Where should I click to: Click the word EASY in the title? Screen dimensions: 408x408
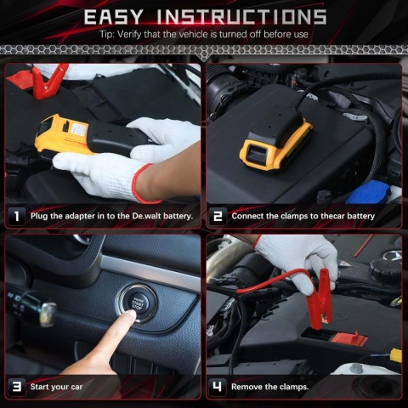tap(113, 17)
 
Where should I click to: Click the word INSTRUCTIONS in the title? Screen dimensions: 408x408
tap(241, 17)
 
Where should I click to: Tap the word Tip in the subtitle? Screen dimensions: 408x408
tap(106, 35)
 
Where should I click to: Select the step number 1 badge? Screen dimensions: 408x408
tap(17, 216)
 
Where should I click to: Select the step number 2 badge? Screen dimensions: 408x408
tap(218, 216)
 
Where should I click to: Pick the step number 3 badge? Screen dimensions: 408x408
tap(17, 387)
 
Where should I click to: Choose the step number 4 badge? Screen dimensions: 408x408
tap(218, 387)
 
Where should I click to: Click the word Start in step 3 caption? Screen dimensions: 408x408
tap(39, 387)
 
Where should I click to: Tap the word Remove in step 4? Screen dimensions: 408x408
tap(246, 387)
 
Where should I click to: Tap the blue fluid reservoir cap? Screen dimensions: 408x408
tap(368, 192)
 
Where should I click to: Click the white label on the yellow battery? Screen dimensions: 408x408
tap(80, 131)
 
